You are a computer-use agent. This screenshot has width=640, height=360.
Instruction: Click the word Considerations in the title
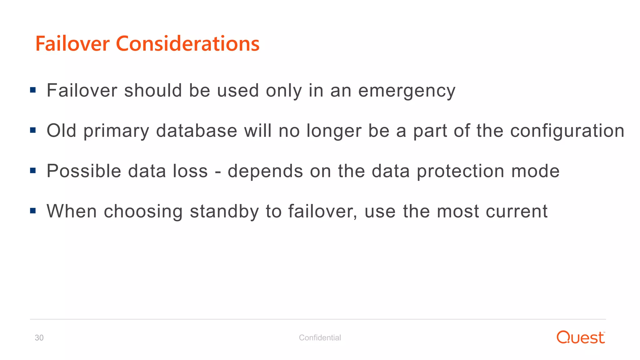(187, 43)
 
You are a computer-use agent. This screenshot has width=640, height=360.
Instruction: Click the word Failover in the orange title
(72, 43)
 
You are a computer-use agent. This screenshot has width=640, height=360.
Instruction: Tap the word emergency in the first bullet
(407, 91)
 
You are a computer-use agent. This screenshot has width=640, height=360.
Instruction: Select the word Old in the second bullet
(62, 131)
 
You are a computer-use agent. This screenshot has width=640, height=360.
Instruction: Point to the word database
(197, 131)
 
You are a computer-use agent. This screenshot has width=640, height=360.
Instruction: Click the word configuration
(567, 131)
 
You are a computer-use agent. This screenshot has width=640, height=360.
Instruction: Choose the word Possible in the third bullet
(84, 171)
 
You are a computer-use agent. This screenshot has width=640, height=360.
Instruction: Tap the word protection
(461, 172)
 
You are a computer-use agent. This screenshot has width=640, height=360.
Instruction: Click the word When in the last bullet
(72, 211)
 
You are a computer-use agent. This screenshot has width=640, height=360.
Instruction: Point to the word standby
(224, 212)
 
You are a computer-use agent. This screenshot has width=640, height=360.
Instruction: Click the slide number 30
(39, 338)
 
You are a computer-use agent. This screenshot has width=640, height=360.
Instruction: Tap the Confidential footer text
(320, 338)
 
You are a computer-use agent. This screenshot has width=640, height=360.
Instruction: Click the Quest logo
(581, 337)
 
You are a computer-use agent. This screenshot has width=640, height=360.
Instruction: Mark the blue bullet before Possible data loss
(33, 171)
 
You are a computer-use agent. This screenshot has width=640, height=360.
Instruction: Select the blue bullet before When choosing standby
(33, 211)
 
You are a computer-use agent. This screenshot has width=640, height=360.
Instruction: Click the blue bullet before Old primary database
(33, 130)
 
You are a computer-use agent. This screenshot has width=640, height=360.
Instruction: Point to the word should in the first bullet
(153, 91)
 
